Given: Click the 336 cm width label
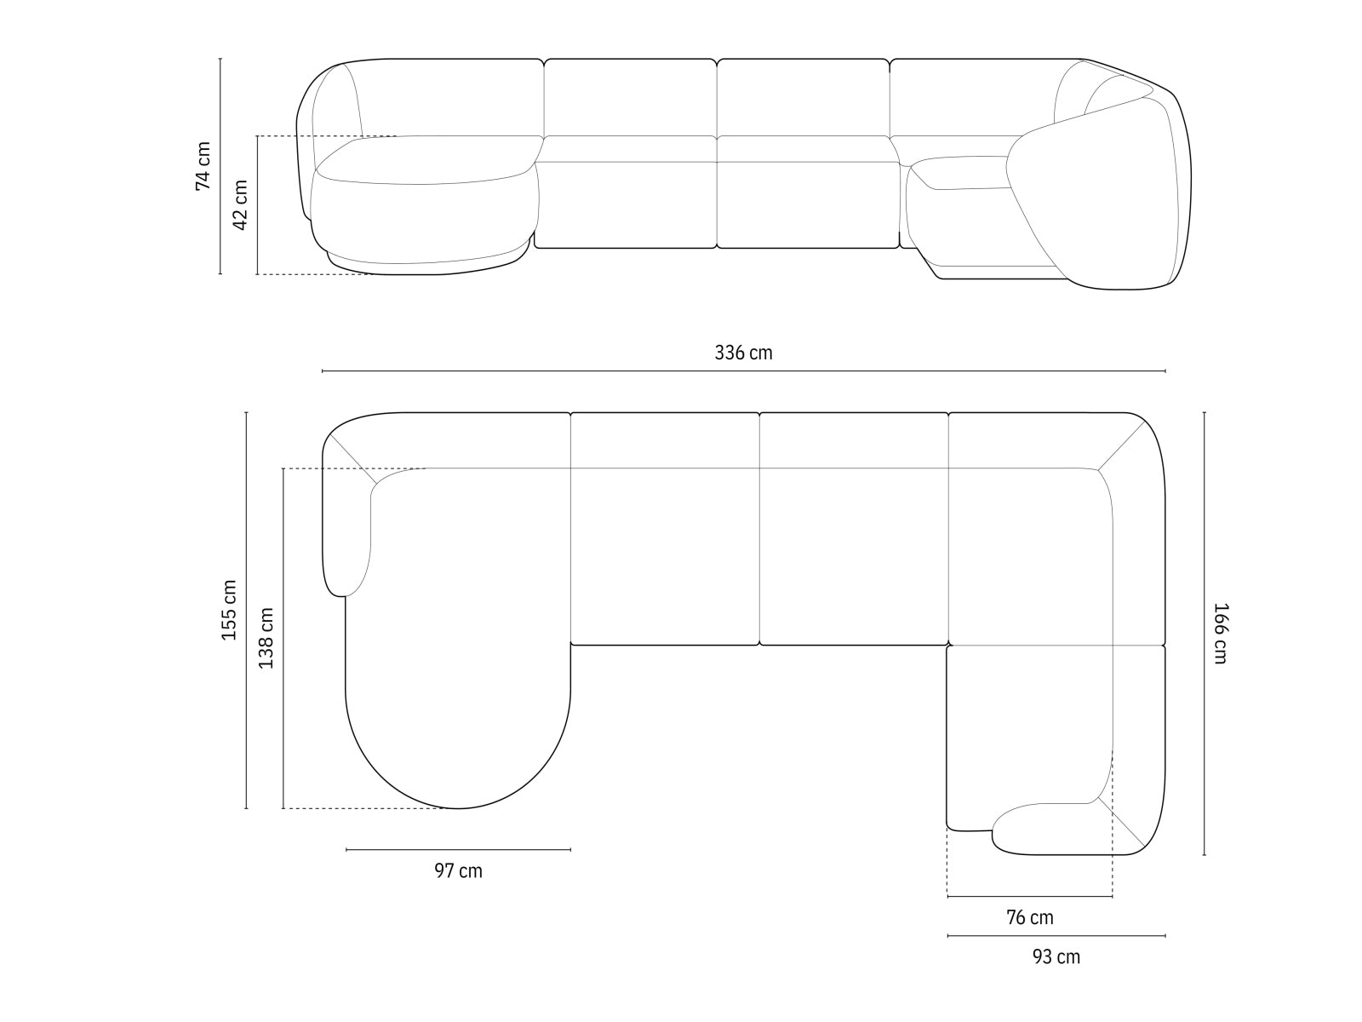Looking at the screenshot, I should coord(743,353).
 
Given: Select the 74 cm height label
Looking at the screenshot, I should coord(203,166).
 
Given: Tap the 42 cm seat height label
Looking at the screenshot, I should coord(240,204).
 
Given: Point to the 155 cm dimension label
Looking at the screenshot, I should coord(229,610).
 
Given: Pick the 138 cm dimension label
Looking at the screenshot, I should coord(266,638).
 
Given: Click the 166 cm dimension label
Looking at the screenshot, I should coord(1220,633).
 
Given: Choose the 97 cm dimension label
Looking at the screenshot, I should coord(458,870).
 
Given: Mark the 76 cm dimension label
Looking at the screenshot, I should coord(1029,917).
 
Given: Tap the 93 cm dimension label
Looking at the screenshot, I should coord(1056,956).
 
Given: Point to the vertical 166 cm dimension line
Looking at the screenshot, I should coord(1204,633).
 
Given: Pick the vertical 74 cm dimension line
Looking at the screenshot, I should coord(220,166).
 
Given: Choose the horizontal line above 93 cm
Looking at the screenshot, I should coord(1056,936).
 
